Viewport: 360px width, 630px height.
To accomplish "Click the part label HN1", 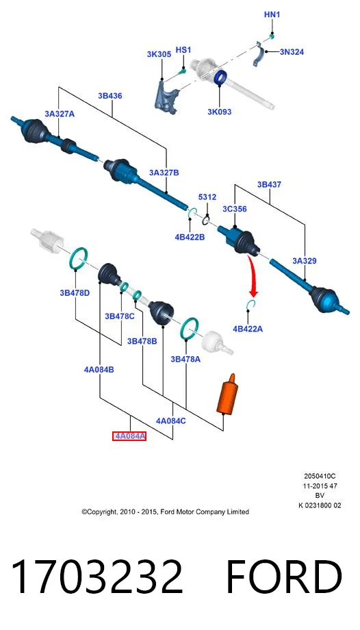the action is point(272,15).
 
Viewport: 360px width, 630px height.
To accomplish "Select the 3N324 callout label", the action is point(292,51).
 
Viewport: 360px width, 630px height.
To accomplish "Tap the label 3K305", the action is point(159,54).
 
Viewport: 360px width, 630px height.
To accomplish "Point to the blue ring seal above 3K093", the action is point(220,77).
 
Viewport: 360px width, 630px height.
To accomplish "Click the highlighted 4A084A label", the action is point(129,436).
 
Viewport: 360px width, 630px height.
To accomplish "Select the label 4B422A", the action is point(248,329).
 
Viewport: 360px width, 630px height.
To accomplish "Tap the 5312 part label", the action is point(207,197).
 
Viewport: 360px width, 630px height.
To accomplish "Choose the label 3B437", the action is point(269,185).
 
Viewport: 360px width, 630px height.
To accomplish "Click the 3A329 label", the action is point(305,261).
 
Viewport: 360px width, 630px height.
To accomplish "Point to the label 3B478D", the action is point(75,293).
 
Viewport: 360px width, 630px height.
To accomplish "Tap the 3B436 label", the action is point(110,96).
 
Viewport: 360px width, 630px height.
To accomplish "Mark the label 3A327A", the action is point(60,114).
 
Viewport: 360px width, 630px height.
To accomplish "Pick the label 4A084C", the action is point(170,420).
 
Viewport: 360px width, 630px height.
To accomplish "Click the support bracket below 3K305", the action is point(166,97).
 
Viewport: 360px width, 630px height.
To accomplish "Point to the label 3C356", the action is point(235,209).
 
